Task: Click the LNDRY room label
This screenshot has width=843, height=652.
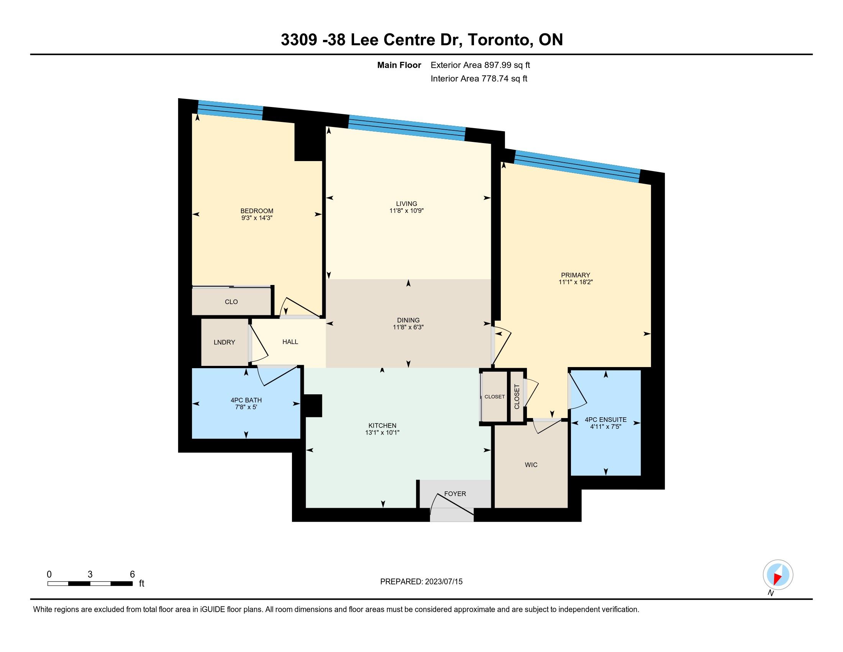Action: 224,342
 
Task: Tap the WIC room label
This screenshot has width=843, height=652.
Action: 531,465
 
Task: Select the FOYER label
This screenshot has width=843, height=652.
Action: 455,494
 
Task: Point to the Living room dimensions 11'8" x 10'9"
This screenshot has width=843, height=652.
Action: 407,211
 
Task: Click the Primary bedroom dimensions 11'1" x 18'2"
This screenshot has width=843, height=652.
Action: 576,282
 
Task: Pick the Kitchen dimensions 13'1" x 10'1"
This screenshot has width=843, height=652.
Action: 382,433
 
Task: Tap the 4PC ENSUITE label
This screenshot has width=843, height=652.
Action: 605,420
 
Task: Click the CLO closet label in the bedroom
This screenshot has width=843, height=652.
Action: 231,302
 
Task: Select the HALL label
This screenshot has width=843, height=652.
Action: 290,342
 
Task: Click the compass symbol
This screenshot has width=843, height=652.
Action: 778,575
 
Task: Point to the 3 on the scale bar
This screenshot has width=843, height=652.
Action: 90,575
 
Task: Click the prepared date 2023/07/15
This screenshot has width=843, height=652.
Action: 443,582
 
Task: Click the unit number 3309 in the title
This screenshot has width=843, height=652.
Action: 299,40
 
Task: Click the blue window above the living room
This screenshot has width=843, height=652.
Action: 407,128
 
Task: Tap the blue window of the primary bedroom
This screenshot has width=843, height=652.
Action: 577,166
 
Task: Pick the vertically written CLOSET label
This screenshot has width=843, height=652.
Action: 517,396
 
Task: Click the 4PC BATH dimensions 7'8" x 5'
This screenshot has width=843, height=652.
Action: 246,407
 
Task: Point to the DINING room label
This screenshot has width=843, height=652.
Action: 408,320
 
